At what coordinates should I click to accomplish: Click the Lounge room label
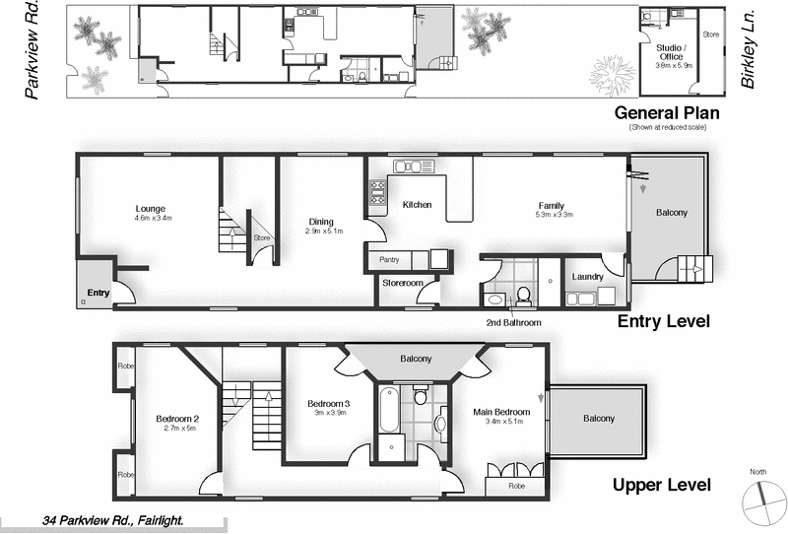(x=150, y=209)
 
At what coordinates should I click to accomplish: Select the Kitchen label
(x=418, y=205)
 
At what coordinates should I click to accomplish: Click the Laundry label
(x=587, y=277)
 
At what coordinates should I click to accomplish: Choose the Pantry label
(x=388, y=259)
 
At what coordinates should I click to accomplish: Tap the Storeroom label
(x=403, y=284)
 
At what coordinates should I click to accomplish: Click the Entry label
(x=98, y=293)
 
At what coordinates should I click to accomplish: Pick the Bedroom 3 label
(x=328, y=404)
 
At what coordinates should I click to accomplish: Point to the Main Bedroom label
(x=501, y=412)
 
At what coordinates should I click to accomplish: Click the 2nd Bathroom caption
(x=513, y=322)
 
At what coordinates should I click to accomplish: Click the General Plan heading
(x=664, y=112)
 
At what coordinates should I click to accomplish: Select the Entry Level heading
(x=663, y=321)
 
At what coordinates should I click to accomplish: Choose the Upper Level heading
(x=661, y=485)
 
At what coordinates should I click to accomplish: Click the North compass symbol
(x=757, y=499)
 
